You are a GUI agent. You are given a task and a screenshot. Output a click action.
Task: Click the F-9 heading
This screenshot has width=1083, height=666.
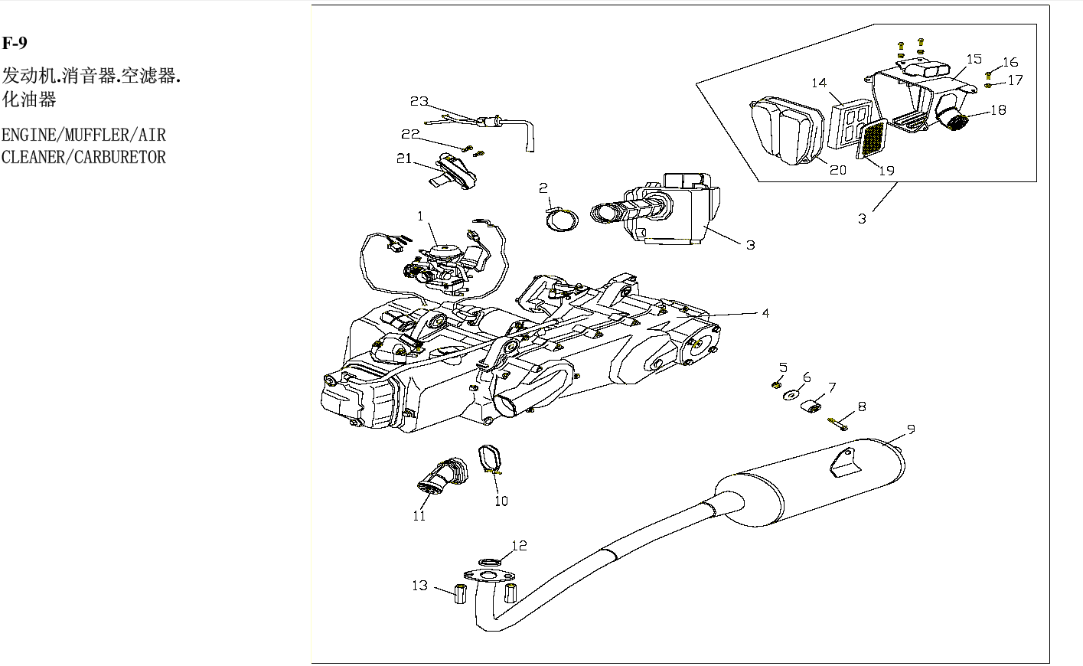pyautogui.click(x=15, y=42)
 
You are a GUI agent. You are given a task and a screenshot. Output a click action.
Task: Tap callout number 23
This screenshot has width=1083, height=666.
pyautogui.click(x=419, y=101)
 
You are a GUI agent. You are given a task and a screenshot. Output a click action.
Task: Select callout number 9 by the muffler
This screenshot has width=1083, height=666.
pyautogui.click(x=911, y=429)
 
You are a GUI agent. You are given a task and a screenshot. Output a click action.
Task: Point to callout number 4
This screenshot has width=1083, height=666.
pyautogui.click(x=765, y=312)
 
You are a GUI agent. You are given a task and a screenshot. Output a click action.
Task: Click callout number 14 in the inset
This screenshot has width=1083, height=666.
pyautogui.click(x=819, y=83)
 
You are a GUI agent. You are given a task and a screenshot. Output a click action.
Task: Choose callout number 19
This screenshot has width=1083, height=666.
pyautogui.click(x=886, y=170)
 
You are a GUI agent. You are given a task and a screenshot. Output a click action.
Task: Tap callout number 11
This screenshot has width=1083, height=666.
pyautogui.click(x=419, y=515)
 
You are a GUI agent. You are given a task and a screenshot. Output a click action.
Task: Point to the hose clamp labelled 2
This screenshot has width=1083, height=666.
pyautogui.click(x=561, y=220)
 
